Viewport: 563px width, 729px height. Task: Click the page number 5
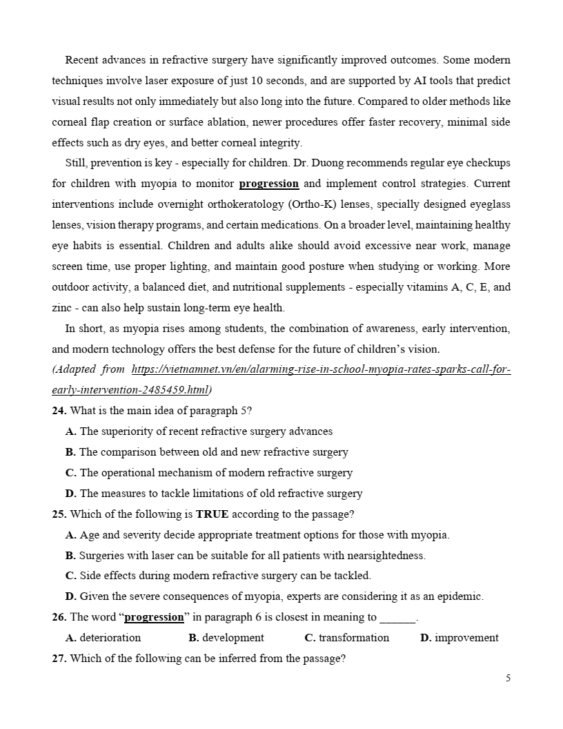pyautogui.click(x=508, y=679)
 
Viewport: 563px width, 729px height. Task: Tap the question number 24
pyautogui.click(x=59, y=411)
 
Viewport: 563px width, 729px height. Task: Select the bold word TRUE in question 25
pyautogui.click(x=212, y=514)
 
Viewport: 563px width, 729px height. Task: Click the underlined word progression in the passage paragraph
pyautogui.click(x=268, y=184)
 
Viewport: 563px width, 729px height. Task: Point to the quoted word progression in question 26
pyautogui.click(x=154, y=617)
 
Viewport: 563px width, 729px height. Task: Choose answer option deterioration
pyautogui.click(x=110, y=638)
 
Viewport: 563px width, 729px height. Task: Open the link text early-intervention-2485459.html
pyautogui.click(x=129, y=390)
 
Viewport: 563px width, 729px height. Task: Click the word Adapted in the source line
pyautogui.click(x=75, y=369)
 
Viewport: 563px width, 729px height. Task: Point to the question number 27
pyautogui.click(x=59, y=659)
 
